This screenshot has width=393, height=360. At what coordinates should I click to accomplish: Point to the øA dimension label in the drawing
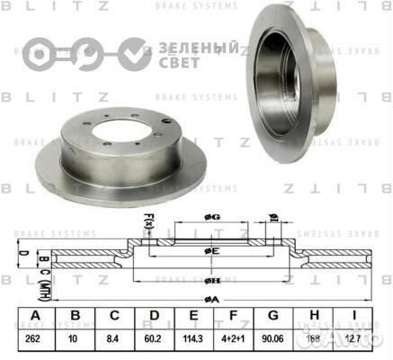coord(210,297)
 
